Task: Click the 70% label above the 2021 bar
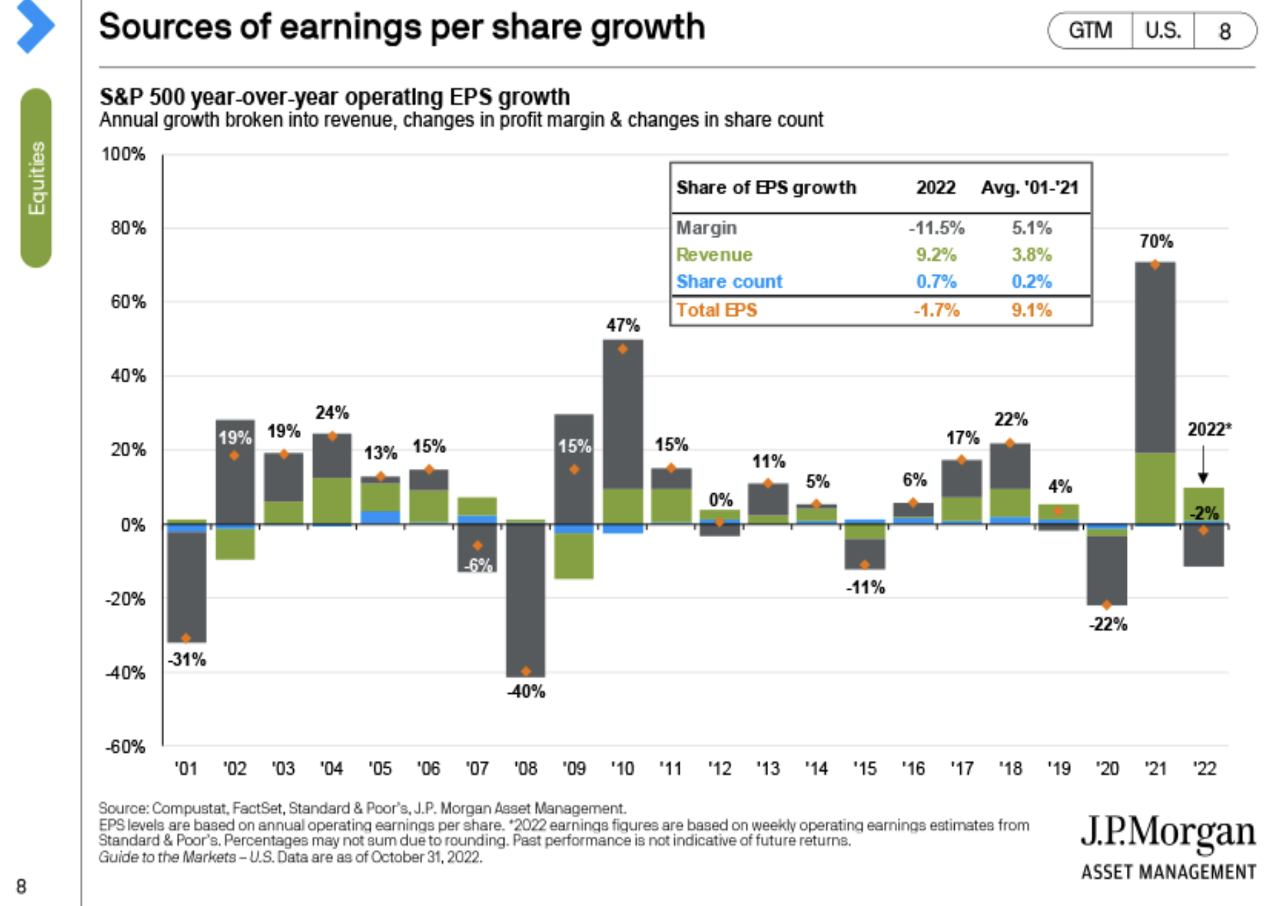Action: [1156, 241]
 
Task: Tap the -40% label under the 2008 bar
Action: [526, 692]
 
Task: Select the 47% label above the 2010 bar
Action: [623, 325]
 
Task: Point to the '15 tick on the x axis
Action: [865, 768]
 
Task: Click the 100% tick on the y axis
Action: [123, 154]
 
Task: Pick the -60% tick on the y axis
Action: [124, 747]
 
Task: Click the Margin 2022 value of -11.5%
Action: [936, 228]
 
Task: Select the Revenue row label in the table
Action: [714, 255]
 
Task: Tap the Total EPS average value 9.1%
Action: [1031, 310]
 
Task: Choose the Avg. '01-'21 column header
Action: [1030, 188]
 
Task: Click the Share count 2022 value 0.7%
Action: [936, 282]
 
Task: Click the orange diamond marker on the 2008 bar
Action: [526, 671]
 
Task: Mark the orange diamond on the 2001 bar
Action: [186, 638]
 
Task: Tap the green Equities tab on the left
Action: [36, 178]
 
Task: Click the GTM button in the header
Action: [1090, 30]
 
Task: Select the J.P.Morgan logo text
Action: [1168, 832]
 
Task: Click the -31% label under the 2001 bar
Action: [187, 659]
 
